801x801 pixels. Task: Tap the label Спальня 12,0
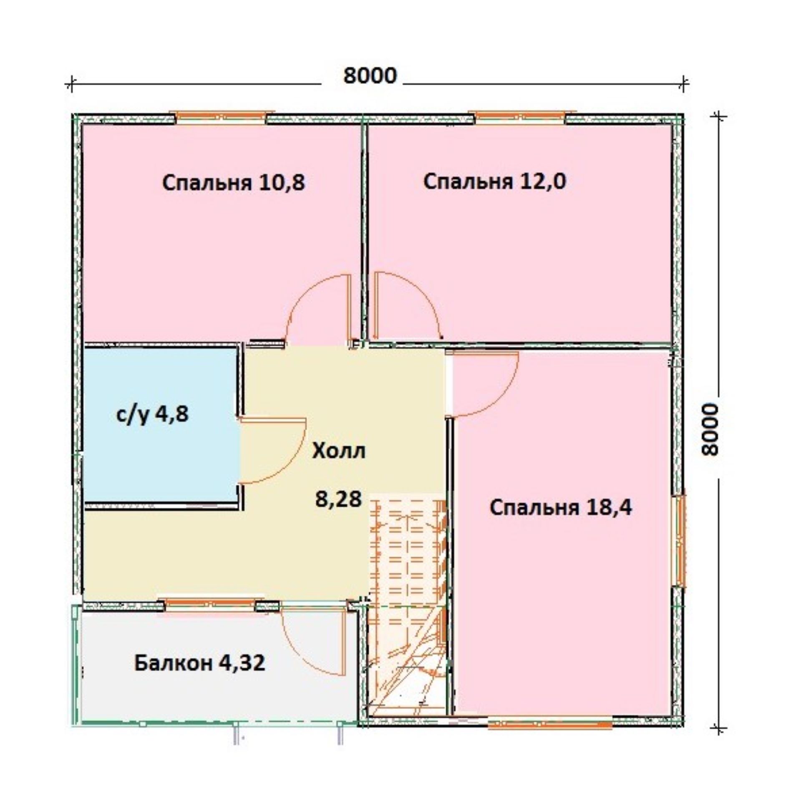pyautogui.click(x=495, y=182)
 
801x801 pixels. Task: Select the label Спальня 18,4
pyautogui.click(x=561, y=508)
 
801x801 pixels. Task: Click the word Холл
pyautogui.click(x=339, y=451)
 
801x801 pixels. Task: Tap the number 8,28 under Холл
pyautogui.click(x=338, y=499)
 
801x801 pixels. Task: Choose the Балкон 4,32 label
pyautogui.click(x=199, y=662)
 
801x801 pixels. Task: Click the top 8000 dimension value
pyautogui.click(x=370, y=76)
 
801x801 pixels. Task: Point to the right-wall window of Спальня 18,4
pyautogui.click(x=680, y=540)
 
